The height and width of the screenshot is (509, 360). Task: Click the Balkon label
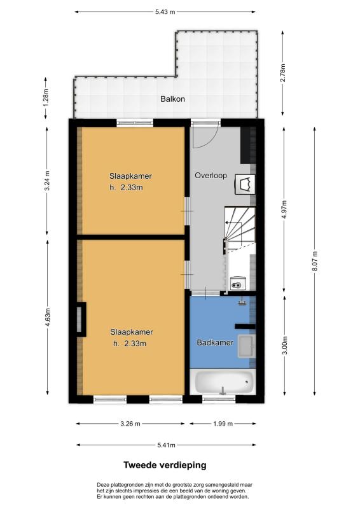point(172,99)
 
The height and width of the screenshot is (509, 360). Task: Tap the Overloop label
point(211,176)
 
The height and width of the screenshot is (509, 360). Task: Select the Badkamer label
point(215,342)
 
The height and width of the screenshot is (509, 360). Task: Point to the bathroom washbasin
point(246,346)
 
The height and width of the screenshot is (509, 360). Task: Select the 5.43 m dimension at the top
point(165,12)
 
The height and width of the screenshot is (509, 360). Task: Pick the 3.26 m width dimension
point(130,424)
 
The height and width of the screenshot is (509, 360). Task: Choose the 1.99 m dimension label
point(223,424)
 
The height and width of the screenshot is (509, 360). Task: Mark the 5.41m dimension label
point(166,445)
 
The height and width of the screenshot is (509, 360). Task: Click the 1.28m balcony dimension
point(46,98)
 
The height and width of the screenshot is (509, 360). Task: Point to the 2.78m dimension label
point(283,73)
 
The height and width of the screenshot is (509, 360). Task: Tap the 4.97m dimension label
point(285,210)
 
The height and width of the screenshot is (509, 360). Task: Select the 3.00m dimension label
point(285,345)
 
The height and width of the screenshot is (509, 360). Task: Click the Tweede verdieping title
point(165,465)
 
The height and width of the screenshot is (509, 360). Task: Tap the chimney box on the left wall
point(81,319)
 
